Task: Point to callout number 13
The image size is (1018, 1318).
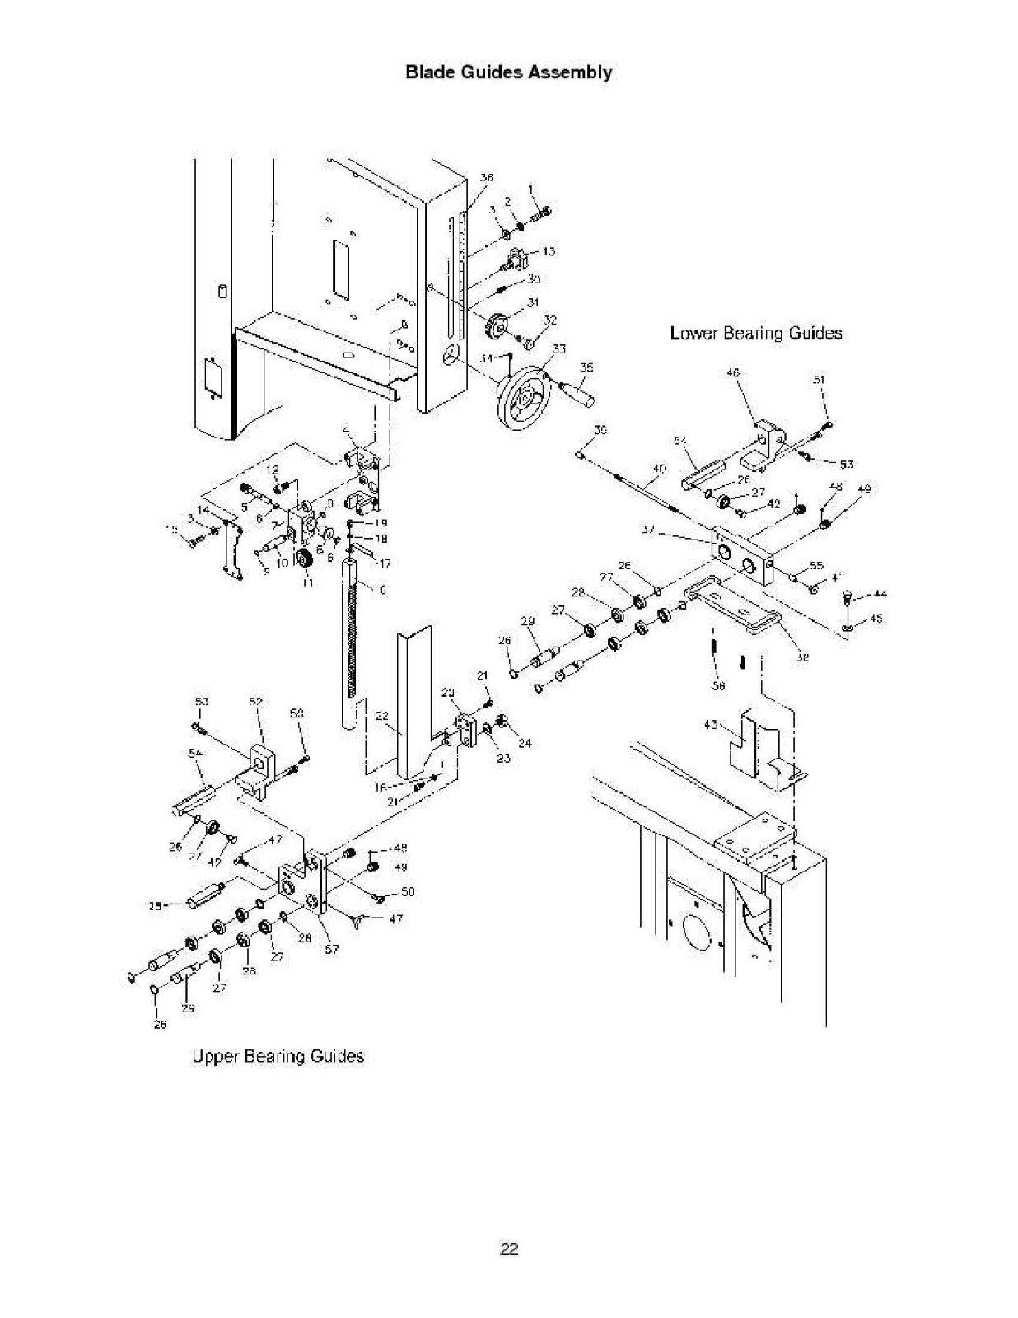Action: pyautogui.click(x=549, y=251)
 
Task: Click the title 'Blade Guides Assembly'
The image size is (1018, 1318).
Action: pyautogui.click(x=508, y=72)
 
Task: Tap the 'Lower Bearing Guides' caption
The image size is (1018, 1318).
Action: pyautogui.click(x=755, y=333)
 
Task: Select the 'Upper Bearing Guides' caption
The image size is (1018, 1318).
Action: pyautogui.click(x=278, y=1056)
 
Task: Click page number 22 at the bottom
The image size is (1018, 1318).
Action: pyautogui.click(x=509, y=1249)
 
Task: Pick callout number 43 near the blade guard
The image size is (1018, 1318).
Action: pyautogui.click(x=711, y=725)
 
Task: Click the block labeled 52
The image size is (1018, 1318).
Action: pyautogui.click(x=259, y=767)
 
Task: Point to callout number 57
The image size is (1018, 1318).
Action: pyautogui.click(x=331, y=949)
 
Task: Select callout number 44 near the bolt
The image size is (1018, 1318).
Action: pyautogui.click(x=880, y=594)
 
